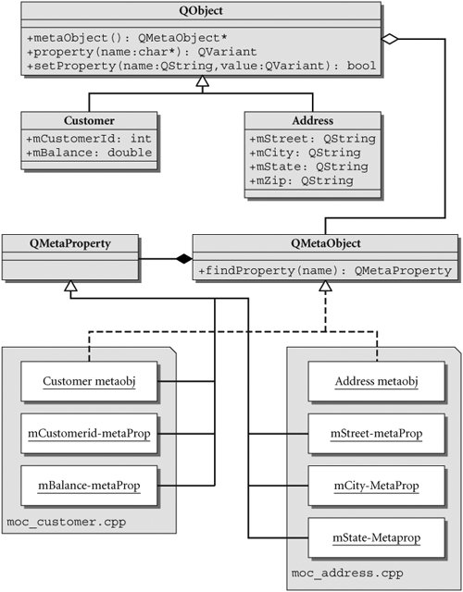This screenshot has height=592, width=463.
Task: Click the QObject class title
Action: click(x=201, y=10)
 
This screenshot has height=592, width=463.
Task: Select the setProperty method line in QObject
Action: click(x=202, y=66)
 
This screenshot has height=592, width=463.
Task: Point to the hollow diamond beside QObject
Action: click(x=390, y=39)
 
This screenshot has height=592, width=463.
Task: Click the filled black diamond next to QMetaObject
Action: click(x=184, y=259)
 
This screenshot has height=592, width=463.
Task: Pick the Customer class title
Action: click(x=89, y=120)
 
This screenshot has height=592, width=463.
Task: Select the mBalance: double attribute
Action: click(x=89, y=153)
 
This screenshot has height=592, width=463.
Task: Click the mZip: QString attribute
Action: click(x=301, y=181)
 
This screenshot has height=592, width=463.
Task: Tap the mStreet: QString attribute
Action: click(x=313, y=139)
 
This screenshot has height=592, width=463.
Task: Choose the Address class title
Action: click(x=313, y=120)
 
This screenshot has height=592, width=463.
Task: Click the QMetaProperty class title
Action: click(x=70, y=243)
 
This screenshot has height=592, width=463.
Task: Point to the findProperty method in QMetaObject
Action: click(x=325, y=270)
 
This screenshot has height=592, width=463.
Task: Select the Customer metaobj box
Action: click(x=89, y=381)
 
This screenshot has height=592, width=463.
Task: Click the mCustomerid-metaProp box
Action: click(x=89, y=434)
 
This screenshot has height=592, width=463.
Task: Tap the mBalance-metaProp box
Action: click(x=89, y=486)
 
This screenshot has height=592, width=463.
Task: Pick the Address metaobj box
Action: click(x=377, y=381)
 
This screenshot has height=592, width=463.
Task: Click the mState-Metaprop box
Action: click(x=377, y=537)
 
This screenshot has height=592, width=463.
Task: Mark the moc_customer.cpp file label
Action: click(x=67, y=523)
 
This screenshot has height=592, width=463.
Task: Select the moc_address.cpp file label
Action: click(x=347, y=573)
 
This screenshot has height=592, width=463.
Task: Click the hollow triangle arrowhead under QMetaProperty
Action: click(x=70, y=286)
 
